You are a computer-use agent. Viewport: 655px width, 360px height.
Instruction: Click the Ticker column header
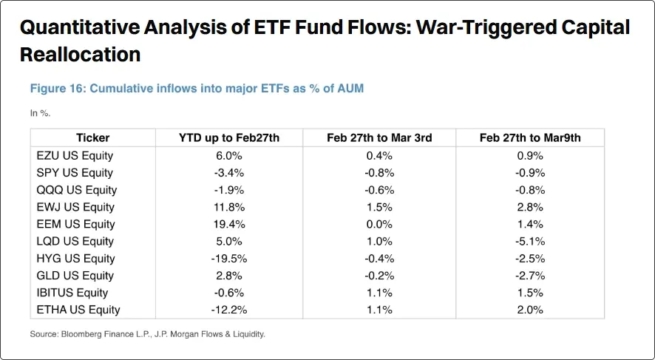pyautogui.click(x=92, y=137)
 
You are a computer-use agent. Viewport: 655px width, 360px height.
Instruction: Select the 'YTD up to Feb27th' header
pyautogui.click(x=229, y=137)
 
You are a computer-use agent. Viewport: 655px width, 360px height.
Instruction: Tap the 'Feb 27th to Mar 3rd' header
pyautogui.click(x=379, y=137)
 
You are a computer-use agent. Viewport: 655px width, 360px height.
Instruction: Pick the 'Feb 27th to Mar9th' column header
pyautogui.click(x=529, y=137)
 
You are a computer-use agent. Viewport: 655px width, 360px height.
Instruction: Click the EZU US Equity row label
pyautogui.click(x=74, y=155)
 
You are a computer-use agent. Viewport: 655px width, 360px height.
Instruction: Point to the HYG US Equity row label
pyautogui.click(x=75, y=258)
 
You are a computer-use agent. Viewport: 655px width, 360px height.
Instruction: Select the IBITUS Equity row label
pyautogui.click(x=72, y=293)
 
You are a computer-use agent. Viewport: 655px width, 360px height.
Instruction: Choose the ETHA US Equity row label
pyautogui.click(x=78, y=310)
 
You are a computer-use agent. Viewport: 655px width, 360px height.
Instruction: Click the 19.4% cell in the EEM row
pyautogui.click(x=229, y=224)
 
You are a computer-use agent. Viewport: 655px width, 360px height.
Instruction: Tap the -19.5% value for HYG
pyautogui.click(x=229, y=258)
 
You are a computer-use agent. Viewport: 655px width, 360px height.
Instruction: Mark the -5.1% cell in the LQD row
pyautogui.click(x=529, y=241)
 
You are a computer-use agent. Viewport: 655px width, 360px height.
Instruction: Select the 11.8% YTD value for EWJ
pyautogui.click(x=229, y=207)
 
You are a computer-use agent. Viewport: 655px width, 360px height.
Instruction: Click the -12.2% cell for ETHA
pyautogui.click(x=229, y=310)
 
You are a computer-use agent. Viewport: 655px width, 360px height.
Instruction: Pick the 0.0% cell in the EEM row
pyautogui.click(x=379, y=224)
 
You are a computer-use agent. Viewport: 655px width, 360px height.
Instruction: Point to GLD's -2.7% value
pyautogui.click(x=529, y=276)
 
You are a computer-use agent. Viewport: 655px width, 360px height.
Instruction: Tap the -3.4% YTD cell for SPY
pyautogui.click(x=229, y=172)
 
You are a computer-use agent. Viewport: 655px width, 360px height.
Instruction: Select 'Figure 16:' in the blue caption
pyautogui.click(x=57, y=89)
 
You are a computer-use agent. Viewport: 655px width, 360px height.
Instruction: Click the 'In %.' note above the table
pyautogui.click(x=40, y=113)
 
